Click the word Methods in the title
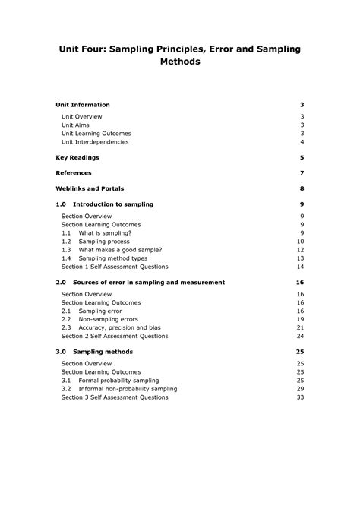180,62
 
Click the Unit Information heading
83,105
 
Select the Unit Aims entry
77,125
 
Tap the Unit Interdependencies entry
95,141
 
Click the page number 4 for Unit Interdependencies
302,141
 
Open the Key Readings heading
77,157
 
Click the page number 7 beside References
302,173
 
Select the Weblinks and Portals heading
90,188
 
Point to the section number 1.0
62,204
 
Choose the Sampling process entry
104,242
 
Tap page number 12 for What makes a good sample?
301,250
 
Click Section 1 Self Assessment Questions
114,267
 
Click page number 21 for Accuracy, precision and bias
301,327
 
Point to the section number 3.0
62,352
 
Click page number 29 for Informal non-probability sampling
301,388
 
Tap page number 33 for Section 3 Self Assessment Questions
301,397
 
